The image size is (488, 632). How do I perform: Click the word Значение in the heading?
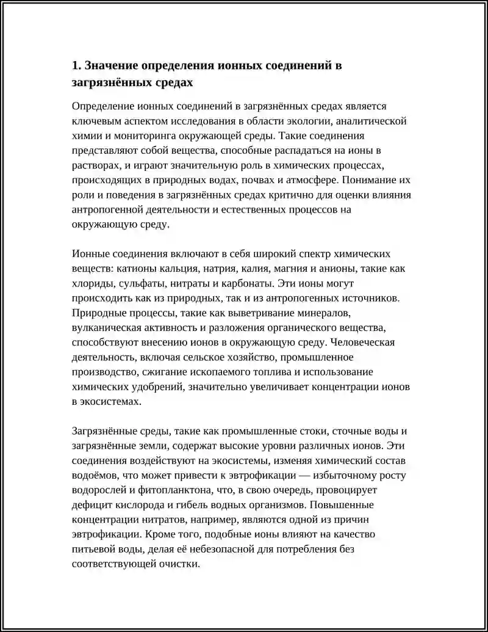[109, 65]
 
